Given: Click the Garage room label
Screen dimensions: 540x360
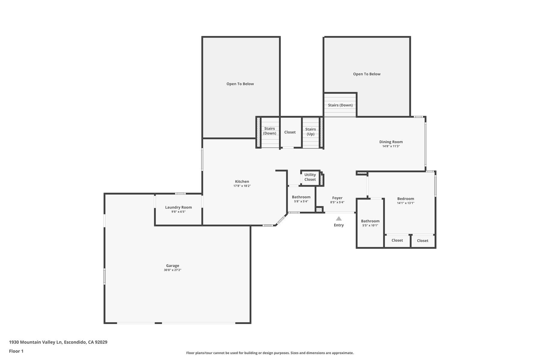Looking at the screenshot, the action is pyautogui.click(x=172, y=265).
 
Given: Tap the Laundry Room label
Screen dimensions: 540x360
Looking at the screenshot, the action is pyautogui.click(x=178, y=207).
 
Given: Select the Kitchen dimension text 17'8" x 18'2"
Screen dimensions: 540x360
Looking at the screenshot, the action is pyautogui.click(x=242, y=186).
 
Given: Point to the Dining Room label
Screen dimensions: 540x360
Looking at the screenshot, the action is pyautogui.click(x=391, y=142).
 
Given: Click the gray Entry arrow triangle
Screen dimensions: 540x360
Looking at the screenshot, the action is pyautogui.click(x=339, y=218).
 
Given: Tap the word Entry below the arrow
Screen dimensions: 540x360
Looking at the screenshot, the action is pyautogui.click(x=339, y=225).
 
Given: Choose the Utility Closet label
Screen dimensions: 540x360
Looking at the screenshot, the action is pyautogui.click(x=310, y=177).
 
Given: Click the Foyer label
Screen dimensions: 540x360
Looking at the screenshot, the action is pyautogui.click(x=337, y=198).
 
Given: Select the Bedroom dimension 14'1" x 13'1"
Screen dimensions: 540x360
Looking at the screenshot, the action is pyautogui.click(x=406, y=203).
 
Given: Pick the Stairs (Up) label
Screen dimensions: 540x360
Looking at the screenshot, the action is pyautogui.click(x=310, y=132).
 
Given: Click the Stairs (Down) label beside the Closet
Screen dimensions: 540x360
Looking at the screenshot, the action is pyautogui.click(x=270, y=131).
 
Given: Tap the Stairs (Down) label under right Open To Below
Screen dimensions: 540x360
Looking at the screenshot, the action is pyautogui.click(x=340, y=105).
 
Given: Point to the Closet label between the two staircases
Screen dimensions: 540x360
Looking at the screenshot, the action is pyautogui.click(x=290, y=132).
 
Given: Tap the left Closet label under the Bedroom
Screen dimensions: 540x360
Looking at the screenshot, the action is pyautogui.click(x=397, y=240).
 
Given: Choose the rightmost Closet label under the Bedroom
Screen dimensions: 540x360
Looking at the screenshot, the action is pyautogui.click(x=422, y=241).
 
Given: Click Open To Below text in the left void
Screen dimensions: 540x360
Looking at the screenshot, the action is pyautogui.click(x=240, y=84).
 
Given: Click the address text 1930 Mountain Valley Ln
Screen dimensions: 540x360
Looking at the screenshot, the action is pyautogui.click(x=35, y=342).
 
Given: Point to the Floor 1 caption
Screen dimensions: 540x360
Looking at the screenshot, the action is pyautogui.click(x=16, y=351).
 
